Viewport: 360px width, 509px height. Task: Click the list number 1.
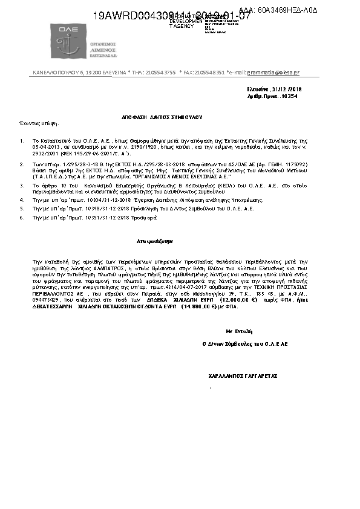pyautogui.click(x=22, y=138)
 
